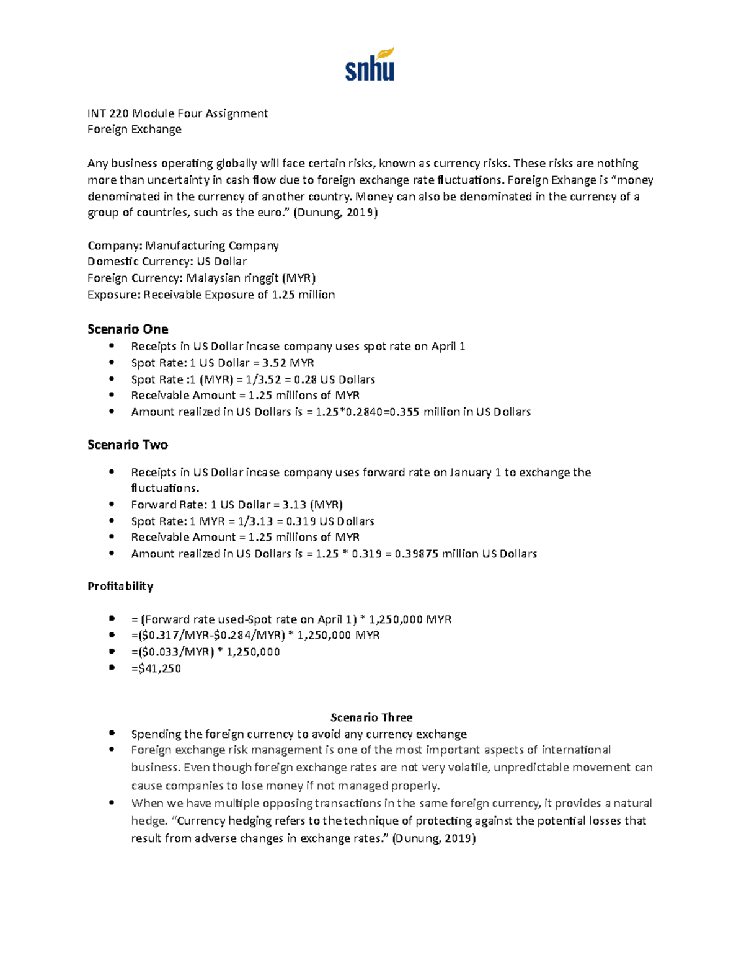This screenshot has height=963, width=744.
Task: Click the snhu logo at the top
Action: (x=370, y=65)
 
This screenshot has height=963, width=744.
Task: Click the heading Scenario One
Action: (x=128, y=329)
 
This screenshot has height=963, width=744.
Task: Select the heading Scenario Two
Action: (x=128, y=445)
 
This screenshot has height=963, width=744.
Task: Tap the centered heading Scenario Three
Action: (x=371, y=717)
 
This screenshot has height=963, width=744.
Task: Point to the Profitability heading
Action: (x=120, y=586)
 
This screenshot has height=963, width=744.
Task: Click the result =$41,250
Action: (x=156, y=668)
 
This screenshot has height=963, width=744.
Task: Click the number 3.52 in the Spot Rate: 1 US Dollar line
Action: (x=275, y=363)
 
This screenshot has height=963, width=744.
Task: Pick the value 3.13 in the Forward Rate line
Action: (x=294, y=505)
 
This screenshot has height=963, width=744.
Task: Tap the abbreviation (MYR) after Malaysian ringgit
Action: (x=299, y=278)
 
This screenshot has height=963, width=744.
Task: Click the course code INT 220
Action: (x=108, y=113)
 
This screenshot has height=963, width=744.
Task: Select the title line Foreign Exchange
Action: (x=135, y=129)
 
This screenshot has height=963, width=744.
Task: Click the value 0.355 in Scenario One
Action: (x=402, y=412)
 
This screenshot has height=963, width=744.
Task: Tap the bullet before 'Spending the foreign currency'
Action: (x=112, y=734)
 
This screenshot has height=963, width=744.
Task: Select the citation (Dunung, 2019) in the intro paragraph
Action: (x=335, y=213)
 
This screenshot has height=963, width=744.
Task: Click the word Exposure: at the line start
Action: (x=114, y=295)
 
